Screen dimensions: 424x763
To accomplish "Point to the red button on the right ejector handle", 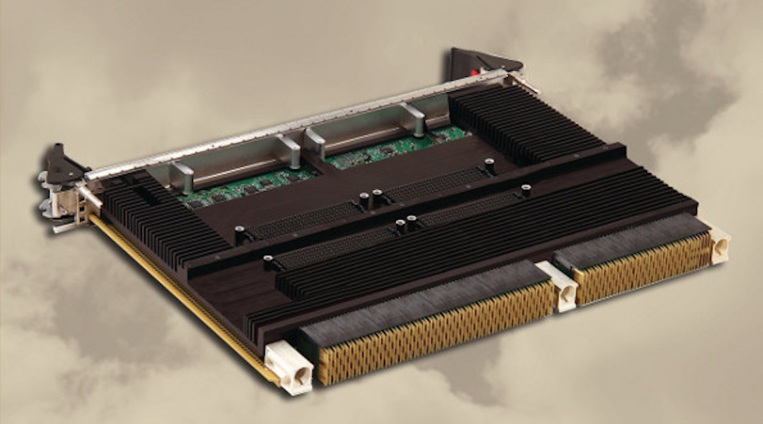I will click(478, 71).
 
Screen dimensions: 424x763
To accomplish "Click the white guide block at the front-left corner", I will click(289, 367).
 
